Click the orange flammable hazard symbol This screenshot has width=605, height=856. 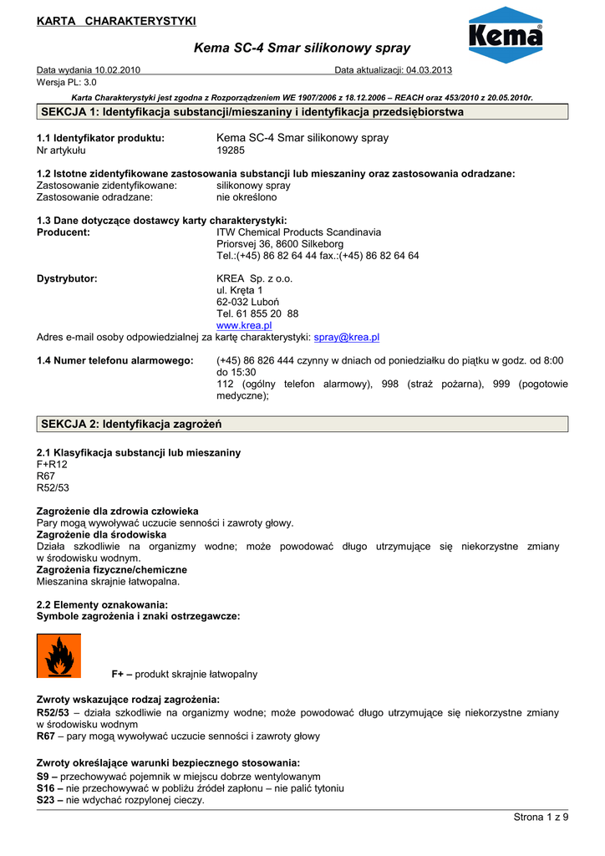59,655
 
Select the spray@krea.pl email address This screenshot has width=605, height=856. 346,337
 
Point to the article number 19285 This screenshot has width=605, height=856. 230,150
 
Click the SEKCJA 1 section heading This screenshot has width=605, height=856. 252,112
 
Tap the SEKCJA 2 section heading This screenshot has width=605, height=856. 131,425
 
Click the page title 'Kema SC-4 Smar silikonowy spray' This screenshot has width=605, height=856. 302,48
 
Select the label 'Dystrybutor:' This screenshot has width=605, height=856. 67,278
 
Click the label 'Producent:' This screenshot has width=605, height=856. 64,232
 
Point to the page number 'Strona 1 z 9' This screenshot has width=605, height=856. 540,817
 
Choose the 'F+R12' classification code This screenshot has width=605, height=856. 52,464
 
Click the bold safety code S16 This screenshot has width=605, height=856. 47,788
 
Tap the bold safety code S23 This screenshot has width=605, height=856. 47,800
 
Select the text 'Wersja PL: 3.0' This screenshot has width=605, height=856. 67,82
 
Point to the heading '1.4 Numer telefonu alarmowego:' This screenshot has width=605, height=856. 115,360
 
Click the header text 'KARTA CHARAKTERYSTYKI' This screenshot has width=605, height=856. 116,20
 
